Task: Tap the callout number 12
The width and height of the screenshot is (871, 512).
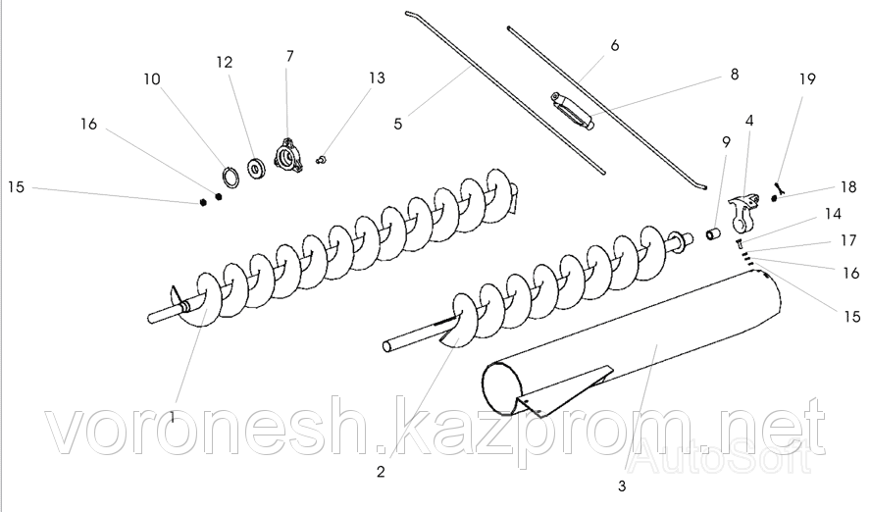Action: click(x=225, y=62)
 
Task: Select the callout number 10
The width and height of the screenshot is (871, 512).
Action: click(x=152, y=78)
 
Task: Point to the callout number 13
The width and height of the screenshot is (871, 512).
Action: click(x=377, y=77)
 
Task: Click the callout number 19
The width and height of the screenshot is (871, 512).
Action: click(x=807, y=78)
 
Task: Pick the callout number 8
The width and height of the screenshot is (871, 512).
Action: click(x=735, y=75)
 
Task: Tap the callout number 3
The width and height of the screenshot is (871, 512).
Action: click(x=622, y=486)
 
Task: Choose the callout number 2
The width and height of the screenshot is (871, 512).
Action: click(x=381, y=472)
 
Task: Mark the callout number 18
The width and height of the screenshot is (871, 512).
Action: click(x=848, y=187)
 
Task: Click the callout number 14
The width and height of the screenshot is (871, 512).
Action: click(x=833, y=214)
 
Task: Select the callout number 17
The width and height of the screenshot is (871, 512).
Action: click(x=848, y=240)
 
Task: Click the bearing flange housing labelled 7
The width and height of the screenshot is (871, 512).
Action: click(x=288, y=157)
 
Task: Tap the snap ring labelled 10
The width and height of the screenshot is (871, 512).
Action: click(x=231, y=178)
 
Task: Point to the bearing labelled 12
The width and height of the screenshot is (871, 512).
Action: click(x=257, y=169)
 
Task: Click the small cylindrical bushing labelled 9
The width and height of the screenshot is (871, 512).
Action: click(x=713, y=233)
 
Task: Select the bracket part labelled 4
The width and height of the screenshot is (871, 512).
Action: click(x=743, y=212)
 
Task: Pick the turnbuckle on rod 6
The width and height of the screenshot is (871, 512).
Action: click(x=572, y=112)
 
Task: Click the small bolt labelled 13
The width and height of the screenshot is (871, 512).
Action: click(x=321, y=161)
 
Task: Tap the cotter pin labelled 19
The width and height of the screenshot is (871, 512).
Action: click(x=780, y=188)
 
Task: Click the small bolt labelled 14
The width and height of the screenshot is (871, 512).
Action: click(x=740, y=242)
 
